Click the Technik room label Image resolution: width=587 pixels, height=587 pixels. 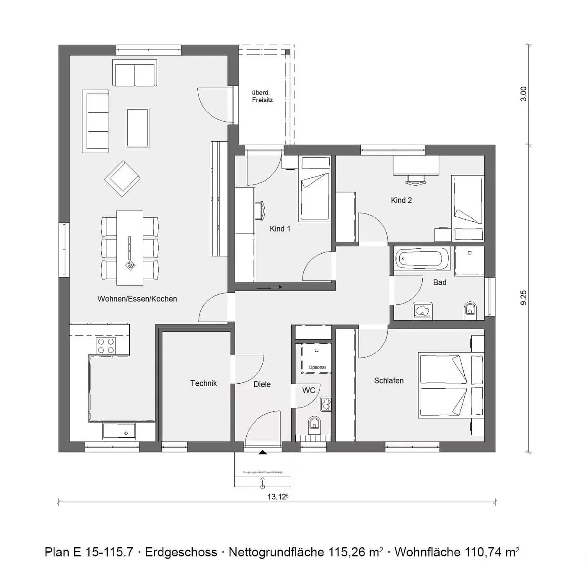pos(204,383)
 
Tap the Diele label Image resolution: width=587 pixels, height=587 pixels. pos(262,384)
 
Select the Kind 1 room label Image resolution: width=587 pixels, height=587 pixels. pos(280,229)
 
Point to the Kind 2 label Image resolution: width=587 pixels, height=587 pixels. pos(401,200)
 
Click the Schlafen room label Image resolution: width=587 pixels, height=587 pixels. pos(389,381)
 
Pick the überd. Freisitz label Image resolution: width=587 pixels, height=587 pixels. pos(262,96)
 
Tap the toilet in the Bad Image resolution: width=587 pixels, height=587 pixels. pos(470,310)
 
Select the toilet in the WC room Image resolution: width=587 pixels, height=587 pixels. pos(314,425)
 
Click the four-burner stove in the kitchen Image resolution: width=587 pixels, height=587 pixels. pos(106,346)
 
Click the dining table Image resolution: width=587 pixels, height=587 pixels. pos(130,247)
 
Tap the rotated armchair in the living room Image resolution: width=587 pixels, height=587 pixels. pos(122,179)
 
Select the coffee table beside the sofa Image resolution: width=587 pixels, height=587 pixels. pos(137,127)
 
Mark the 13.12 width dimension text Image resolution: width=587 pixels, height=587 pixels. pos(278,497)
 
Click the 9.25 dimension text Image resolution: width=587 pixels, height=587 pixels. pos(523,297)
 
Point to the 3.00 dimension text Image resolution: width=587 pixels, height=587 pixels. pos(523,94)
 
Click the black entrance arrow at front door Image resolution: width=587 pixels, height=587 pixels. pos(263,452)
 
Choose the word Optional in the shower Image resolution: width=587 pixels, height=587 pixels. pos(317,367)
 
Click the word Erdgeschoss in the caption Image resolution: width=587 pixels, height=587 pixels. pos(181,552)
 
